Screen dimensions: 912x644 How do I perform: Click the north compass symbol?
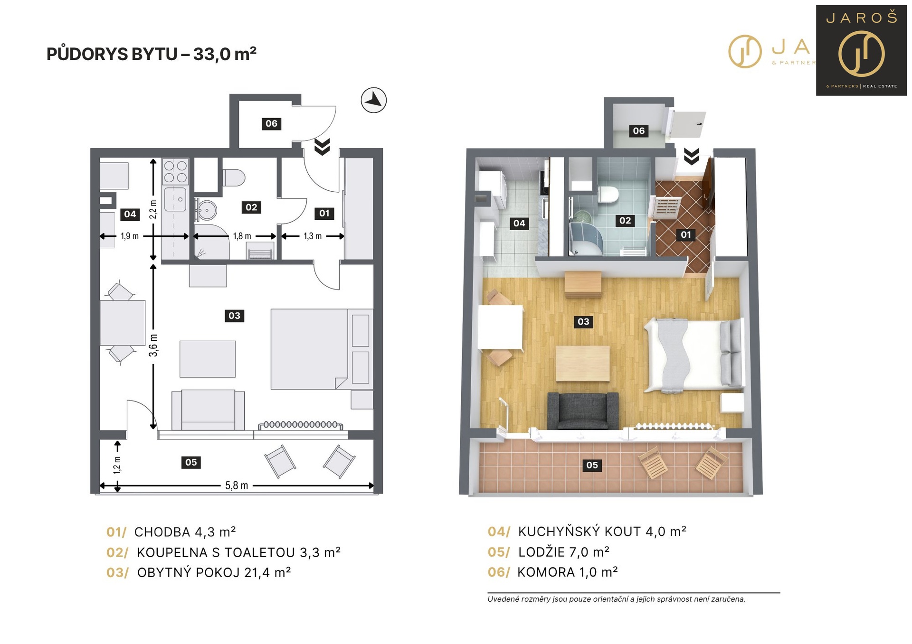(x=373, y=100)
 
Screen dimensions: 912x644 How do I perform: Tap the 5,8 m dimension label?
(x=237, y=485)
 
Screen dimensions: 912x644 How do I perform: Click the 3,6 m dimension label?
(x=153, y=345)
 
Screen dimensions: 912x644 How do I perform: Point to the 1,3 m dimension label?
(x=313, y=236)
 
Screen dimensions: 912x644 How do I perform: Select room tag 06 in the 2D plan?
(x=271, y=124)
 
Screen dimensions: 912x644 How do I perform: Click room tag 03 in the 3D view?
(x=583, y=322)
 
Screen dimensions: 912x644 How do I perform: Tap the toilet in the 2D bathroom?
(x=234, y=178)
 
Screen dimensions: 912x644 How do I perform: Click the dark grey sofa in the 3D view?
(x=583, y=411)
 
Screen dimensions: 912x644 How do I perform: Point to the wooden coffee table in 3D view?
(x=583, y=364)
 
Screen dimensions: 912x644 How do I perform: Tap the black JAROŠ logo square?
(x=861, y=50)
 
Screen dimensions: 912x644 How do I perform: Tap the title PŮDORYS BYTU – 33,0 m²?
(x=152, y=54)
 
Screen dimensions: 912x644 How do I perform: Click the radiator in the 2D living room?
(x=300, y=425)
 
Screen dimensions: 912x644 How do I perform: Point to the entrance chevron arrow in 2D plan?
(x=322, y=147)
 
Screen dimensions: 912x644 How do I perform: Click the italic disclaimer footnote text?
(x=617, y=599)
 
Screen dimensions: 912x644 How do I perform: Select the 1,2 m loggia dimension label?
(x=117, y=465)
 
